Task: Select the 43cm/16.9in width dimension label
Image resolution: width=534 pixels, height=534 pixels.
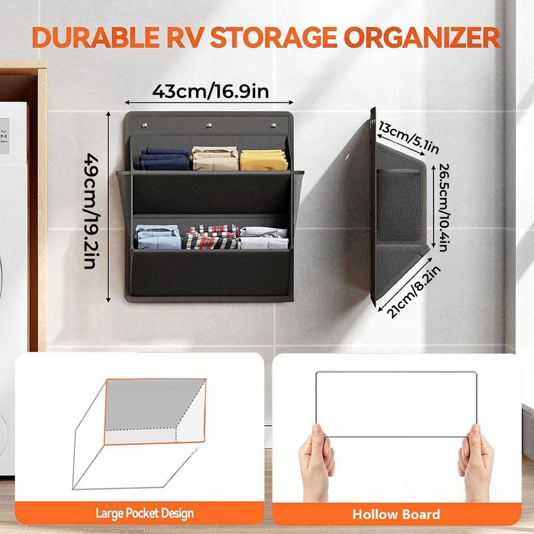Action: coord(210,91)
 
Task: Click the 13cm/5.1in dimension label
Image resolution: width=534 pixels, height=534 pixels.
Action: coord(409,137)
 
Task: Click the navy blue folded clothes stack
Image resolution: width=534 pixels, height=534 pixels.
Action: coord(164,159)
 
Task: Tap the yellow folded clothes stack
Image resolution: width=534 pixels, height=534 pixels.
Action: coord(264,160)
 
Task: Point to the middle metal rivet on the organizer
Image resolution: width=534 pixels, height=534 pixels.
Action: coord(209,125)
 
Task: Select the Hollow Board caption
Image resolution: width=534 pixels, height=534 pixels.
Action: coord(396,514)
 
